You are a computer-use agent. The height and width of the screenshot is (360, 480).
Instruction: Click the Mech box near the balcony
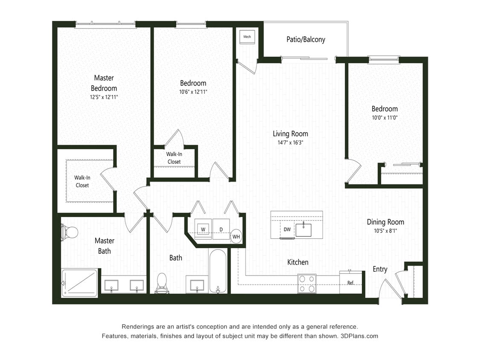[x=247, y=37]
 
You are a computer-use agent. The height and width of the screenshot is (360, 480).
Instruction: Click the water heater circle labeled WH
[x=236, y=236]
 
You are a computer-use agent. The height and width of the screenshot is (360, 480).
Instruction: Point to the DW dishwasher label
[x=287, y=229]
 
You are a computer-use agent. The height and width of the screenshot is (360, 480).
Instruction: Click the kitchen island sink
[x=303, y=229]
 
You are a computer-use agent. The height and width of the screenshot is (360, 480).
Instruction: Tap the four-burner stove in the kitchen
[x=307, y=284]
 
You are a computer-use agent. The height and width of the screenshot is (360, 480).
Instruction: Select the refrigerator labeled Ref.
[x=350, y=282]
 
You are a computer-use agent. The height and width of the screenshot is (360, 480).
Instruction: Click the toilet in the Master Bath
[x=70, y=232]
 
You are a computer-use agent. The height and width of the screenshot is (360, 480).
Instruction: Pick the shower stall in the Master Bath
[x=80, y=283]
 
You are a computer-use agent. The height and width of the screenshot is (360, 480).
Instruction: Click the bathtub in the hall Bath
[x=218, y=272]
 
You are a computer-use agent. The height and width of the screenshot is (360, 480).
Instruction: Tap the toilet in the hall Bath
[x=162, y=283]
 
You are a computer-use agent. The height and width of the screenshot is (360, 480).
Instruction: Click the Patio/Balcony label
[x=305, y=40]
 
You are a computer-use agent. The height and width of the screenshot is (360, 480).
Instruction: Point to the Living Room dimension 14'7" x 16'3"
[x=290, y=143]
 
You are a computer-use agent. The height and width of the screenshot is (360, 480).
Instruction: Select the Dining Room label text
[x=385, y=222]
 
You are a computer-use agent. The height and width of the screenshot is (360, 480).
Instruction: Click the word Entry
[x=380, y=269]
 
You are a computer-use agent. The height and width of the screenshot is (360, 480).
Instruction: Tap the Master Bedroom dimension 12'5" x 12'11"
[x=104, y=97]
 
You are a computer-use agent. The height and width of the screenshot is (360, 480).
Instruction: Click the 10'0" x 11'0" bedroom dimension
[x=384, y=118]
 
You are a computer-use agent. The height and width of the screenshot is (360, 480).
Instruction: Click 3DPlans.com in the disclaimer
[x=359, y=336]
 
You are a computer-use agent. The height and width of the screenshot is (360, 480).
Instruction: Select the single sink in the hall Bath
[x=197, y=285]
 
